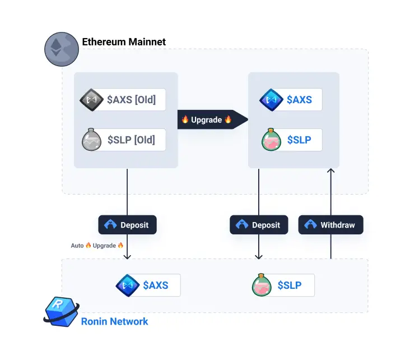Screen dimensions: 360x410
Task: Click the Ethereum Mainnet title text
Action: click(124, 42)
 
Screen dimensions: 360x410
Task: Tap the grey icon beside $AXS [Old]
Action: click(91, 100)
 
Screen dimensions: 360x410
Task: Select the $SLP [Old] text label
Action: click(131, 140)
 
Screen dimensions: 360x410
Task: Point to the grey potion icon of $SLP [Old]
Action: click(91, 140)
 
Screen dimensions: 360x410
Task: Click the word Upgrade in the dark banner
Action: click(207, 119)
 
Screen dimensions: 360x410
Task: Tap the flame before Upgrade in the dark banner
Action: click(185, 119)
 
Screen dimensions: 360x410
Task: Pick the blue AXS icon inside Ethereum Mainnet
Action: click(271, 100)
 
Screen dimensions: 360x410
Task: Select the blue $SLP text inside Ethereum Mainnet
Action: click(299, 140)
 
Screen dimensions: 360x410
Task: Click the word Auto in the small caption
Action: click(77, 246)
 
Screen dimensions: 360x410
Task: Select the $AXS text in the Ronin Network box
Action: click(155, 285)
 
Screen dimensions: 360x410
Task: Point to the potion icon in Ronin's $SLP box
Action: click(263, 285)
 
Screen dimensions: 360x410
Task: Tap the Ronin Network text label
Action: click(114, 321)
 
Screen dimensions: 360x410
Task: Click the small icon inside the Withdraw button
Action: click(311, 225)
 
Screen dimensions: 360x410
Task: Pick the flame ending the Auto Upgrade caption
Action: click(120, 246)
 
